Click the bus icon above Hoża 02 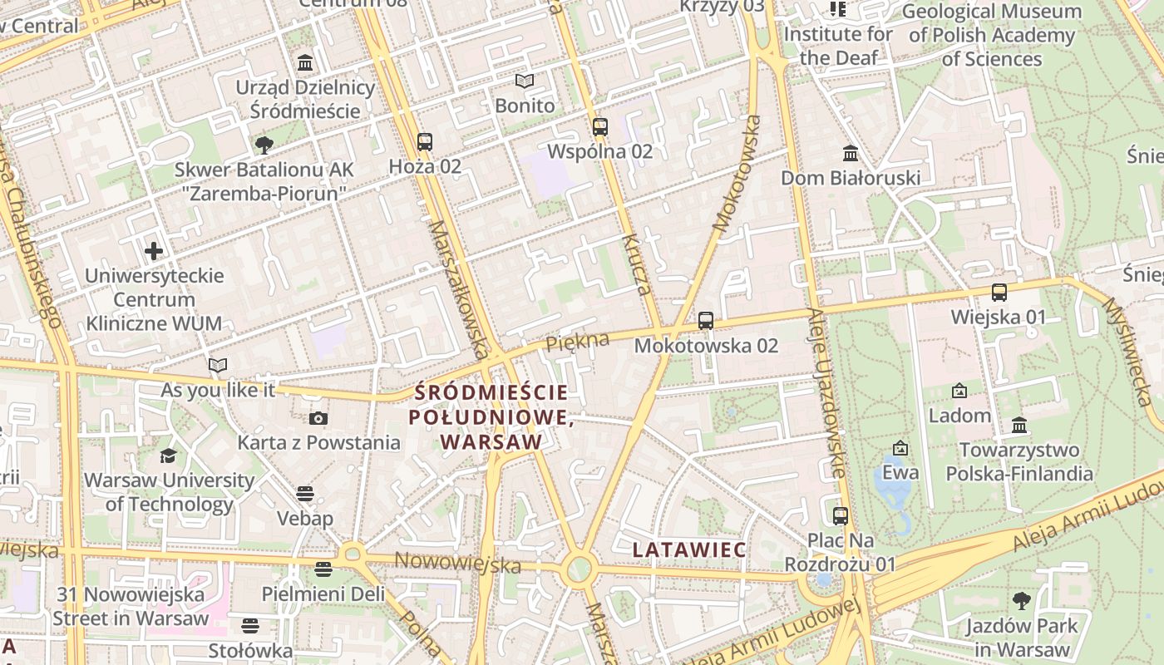tap(425, 142)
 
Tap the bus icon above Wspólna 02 tap(600, 127)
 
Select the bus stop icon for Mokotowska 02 tap(706, 320)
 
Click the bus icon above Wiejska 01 tap(999, 293)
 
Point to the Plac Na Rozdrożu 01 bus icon tap(841, 515)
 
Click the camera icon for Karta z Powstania tap(318, 418)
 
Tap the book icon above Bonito tap(524, 81)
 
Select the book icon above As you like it tap(218, 365)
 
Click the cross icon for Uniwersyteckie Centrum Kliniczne tap(154, 250)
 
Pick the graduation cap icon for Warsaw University tap(169, 456)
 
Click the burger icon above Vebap tap(305, 494)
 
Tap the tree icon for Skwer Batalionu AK tap(264, 145)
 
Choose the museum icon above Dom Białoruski tap(851, 154)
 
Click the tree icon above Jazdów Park tap(1022, 600)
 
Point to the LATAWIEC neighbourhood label tap(689, 549)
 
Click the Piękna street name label tap(577, 341)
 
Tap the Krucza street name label tap(635, 264)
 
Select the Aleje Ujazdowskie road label tap(826, 393)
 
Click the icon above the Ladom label tap(959, 391)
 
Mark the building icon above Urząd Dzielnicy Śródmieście tap(305, 63)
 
